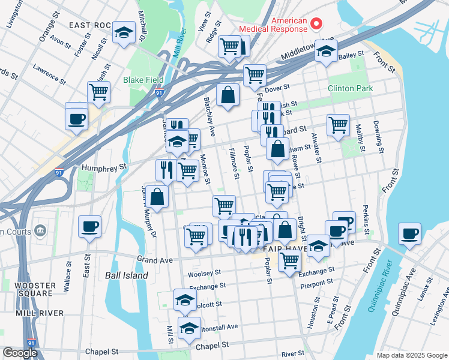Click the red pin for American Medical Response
click(317, 25)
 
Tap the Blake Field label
click(143, 80)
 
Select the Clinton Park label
click(350, 88)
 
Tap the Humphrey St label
click(105, 167)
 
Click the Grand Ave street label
click(154, 260)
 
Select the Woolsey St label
click(205, 273)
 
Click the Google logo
click(20, 353)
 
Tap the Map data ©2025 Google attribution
click(412, 355)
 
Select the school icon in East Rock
click(124, 33)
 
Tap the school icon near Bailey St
click(326, 52)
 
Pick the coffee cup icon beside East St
click(90, 227)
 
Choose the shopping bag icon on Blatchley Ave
click(228, 95)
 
